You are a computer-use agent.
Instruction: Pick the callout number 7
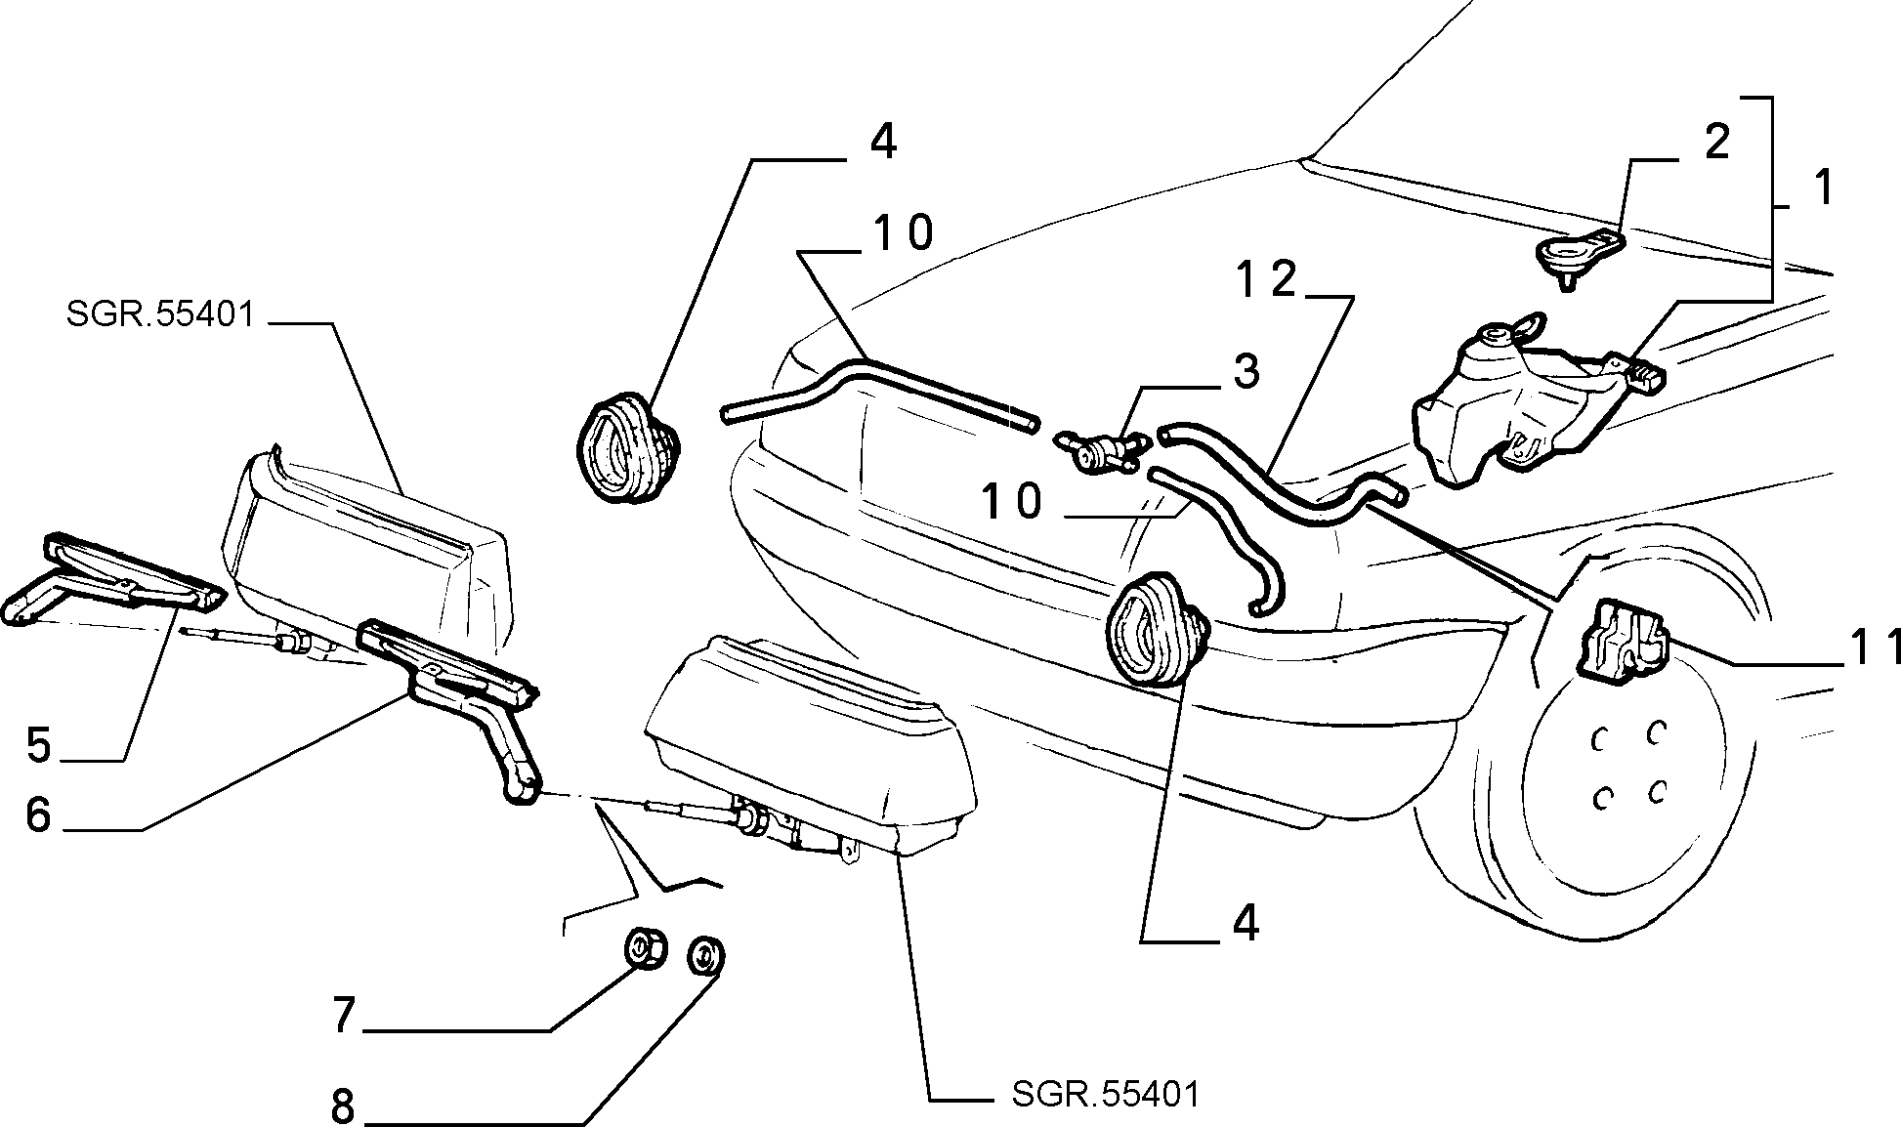click(x=342, y=1017)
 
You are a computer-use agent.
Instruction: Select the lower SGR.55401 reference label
click(x=1104, y=1093)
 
